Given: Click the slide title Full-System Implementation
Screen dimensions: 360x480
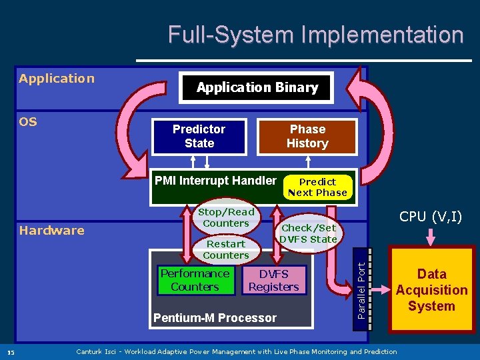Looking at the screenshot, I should click(315, 35).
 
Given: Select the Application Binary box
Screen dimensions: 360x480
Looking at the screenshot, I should click(257, 87).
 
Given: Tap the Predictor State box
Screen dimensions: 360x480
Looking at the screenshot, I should click(199, 136).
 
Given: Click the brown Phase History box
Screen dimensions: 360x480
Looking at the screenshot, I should click(307, 136).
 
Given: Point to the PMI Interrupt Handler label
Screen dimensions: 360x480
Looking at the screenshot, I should click(215, 181).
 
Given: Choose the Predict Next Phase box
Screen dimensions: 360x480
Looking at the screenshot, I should click(317, 187).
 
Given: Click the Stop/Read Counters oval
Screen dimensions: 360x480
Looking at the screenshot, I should click(226, 217).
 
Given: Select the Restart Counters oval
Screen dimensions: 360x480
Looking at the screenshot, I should click(225, 249).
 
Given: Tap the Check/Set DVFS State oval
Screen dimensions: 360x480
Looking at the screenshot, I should click(308, 233).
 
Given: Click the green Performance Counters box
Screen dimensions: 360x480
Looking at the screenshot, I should click(195, 280).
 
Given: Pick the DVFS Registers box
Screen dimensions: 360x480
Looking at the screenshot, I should click(273, 280).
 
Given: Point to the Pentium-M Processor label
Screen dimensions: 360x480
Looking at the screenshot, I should click(215, 318).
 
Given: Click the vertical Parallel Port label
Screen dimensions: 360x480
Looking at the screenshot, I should click(361, 290).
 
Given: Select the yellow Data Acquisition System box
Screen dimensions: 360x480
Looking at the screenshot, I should click(431, 290).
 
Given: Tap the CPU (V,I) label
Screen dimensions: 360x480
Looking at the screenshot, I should click(431, 216).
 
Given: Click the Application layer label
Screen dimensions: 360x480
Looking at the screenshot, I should click(57, 79).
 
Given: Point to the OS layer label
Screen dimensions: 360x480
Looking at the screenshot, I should click(28, 122).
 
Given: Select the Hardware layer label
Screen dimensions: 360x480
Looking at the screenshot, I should click(51, 231).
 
